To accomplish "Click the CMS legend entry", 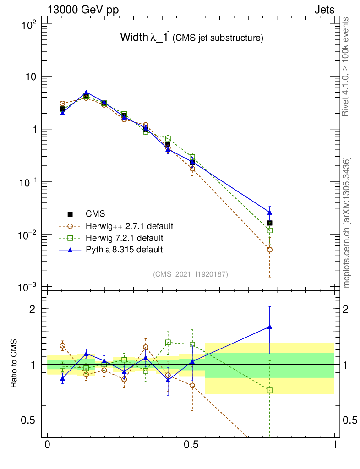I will (95, 214).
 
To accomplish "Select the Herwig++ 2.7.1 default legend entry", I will (129, 226).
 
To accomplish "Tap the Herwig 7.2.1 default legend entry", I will (125, 238).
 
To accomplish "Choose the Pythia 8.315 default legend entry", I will (124, 250).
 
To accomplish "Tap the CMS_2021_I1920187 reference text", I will (191, 274).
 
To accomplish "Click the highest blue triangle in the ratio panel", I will (270, 327).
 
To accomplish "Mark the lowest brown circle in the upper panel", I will (270, 250).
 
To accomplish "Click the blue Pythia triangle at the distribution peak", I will (86, 93).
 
